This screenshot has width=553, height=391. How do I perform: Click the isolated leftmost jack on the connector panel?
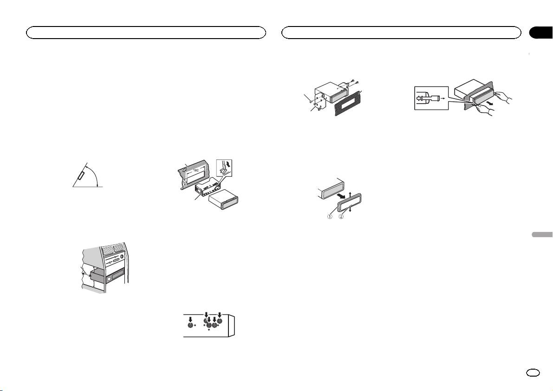tap(190, 326)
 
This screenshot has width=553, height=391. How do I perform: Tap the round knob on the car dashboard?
tap(121, 257)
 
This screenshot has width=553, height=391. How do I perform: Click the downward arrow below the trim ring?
tap(351, 209)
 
